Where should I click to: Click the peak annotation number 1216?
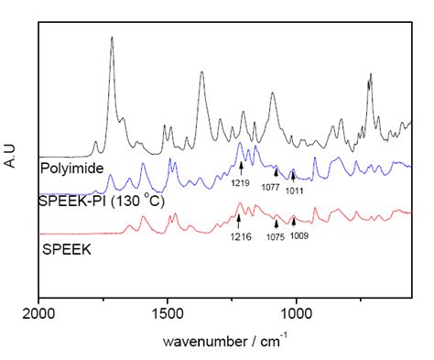(239, 236)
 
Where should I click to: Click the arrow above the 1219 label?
(241, 167)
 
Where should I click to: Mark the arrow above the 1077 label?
(276, 171)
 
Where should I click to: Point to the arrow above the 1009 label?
(293, 223)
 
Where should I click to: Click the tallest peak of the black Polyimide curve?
(111, 38)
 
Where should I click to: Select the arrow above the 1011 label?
(292, 173)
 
